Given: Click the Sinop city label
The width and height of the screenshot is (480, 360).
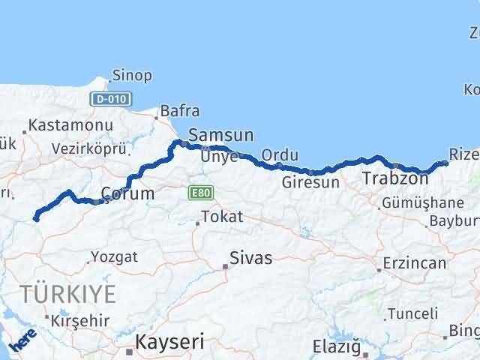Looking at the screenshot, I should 131,75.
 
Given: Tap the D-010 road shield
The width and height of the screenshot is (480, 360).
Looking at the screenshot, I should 111,98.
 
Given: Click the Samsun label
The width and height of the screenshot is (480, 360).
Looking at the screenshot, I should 220,135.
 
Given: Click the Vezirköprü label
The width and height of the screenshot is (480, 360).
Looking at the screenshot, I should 88,148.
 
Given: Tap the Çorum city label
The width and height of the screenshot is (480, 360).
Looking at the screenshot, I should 127,193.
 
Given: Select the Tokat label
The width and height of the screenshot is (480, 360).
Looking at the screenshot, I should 222,217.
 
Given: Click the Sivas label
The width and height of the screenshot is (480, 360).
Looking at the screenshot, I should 251,259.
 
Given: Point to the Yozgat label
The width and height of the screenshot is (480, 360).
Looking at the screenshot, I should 114,257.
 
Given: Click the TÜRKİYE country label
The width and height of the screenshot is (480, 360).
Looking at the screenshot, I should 68,293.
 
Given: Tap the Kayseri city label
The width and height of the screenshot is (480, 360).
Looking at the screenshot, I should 169,342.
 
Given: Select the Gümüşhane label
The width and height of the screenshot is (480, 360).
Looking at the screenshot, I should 422,203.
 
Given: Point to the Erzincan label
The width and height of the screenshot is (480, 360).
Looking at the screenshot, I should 413,263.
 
